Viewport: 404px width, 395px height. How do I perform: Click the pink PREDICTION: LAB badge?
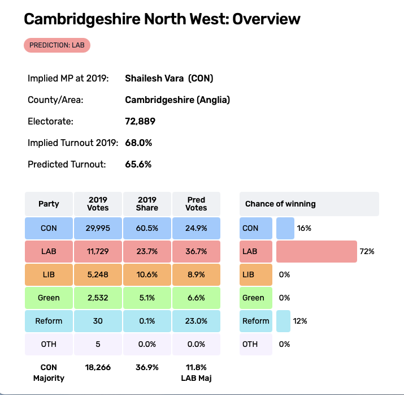click(x=57, y=45)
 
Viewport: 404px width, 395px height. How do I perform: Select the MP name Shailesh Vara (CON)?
click(x=169, y=79)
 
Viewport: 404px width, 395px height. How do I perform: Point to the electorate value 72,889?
click(x=140, y=122)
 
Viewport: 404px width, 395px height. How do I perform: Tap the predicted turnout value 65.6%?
click(x=138, y=165)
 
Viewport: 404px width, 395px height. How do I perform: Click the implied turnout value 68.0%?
click(x=138, y=143)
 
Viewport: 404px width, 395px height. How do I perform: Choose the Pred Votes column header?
click(x=196, y=204)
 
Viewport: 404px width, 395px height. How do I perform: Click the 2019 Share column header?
click(x=147, y=204)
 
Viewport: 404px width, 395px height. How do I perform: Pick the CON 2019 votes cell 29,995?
click(x=98, y=228)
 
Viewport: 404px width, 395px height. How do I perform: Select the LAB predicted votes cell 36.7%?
click(x=196, y=251)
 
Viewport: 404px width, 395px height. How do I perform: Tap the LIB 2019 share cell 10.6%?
click(x=147, y=274)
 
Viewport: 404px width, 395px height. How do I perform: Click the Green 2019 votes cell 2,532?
click(x=98, y=298)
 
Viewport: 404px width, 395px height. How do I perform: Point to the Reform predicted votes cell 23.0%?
click(x=196, y=321)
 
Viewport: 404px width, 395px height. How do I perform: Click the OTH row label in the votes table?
click(x=49, y=344)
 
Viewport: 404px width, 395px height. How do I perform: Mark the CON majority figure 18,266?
click(x=98, y=367)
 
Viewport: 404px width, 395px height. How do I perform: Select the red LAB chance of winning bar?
click(x=316, y=251)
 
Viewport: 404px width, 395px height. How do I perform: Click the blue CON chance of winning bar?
click(x=285, y=228)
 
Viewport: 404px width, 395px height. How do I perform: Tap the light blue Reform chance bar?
click(x=283, y=321)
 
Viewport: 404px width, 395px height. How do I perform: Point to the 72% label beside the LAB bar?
click(x=367, y=251)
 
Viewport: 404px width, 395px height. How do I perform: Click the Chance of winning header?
click(x=280, y=204)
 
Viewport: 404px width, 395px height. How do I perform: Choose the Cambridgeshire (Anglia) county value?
click(x=177, y=100)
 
